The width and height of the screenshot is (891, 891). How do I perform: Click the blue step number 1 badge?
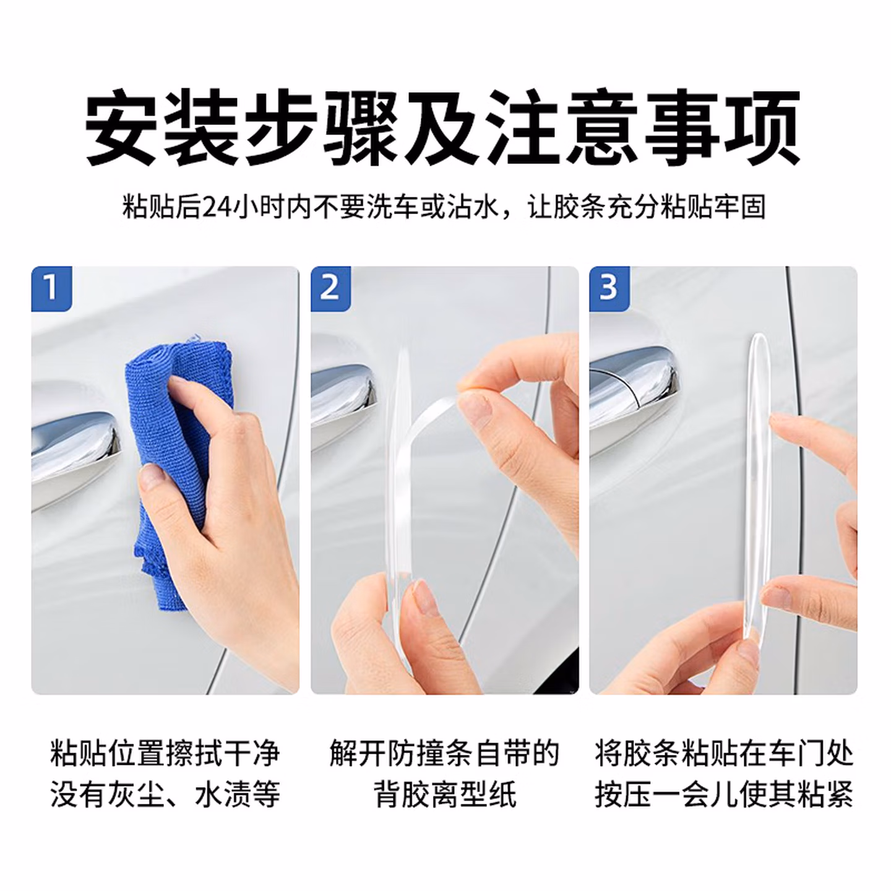[x=51, y=288]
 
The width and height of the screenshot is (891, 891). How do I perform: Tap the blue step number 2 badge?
[x=330, y=288]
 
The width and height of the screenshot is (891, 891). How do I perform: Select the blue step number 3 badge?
[x=609, y=288]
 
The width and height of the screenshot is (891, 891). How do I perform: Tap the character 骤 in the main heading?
[x=360, y=126]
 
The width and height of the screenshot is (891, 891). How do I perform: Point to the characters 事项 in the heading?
[x=722, y=126]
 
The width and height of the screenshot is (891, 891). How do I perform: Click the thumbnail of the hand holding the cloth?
[x=165, y=480]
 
